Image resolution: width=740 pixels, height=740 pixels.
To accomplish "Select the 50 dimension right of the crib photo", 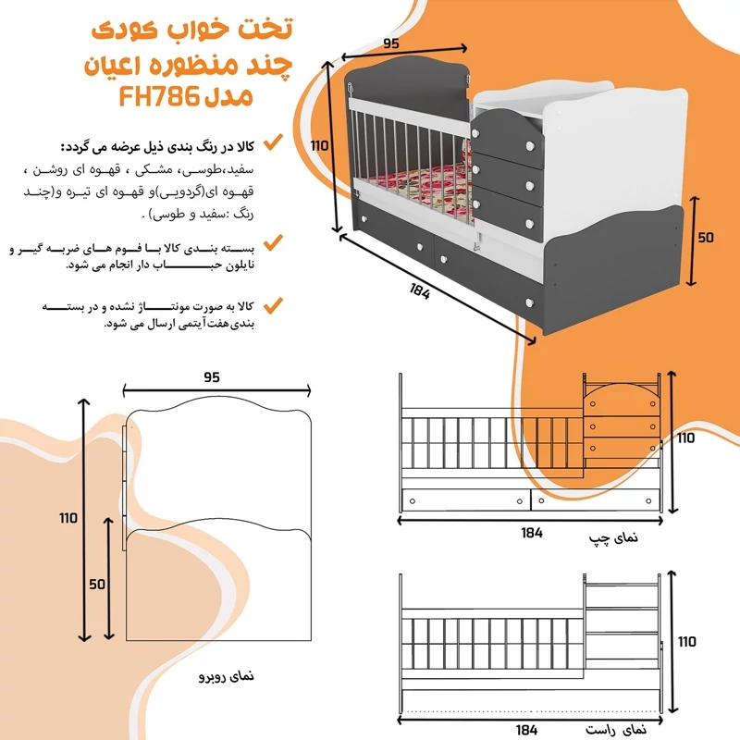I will [x=706, y=238].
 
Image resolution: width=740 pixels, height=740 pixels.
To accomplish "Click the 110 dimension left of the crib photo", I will [x=320, y=145].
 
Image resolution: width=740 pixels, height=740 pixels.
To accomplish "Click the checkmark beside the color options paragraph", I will [x=273, y=142].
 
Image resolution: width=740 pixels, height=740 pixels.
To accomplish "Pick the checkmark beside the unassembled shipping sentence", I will [x=273, y=302].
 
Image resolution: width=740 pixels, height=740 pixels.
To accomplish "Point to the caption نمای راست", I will [x=610, y=730].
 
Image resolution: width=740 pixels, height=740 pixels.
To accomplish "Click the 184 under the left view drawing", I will [x=531, y=532].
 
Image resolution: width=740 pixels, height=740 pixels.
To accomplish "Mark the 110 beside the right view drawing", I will [x=685, y=640].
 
